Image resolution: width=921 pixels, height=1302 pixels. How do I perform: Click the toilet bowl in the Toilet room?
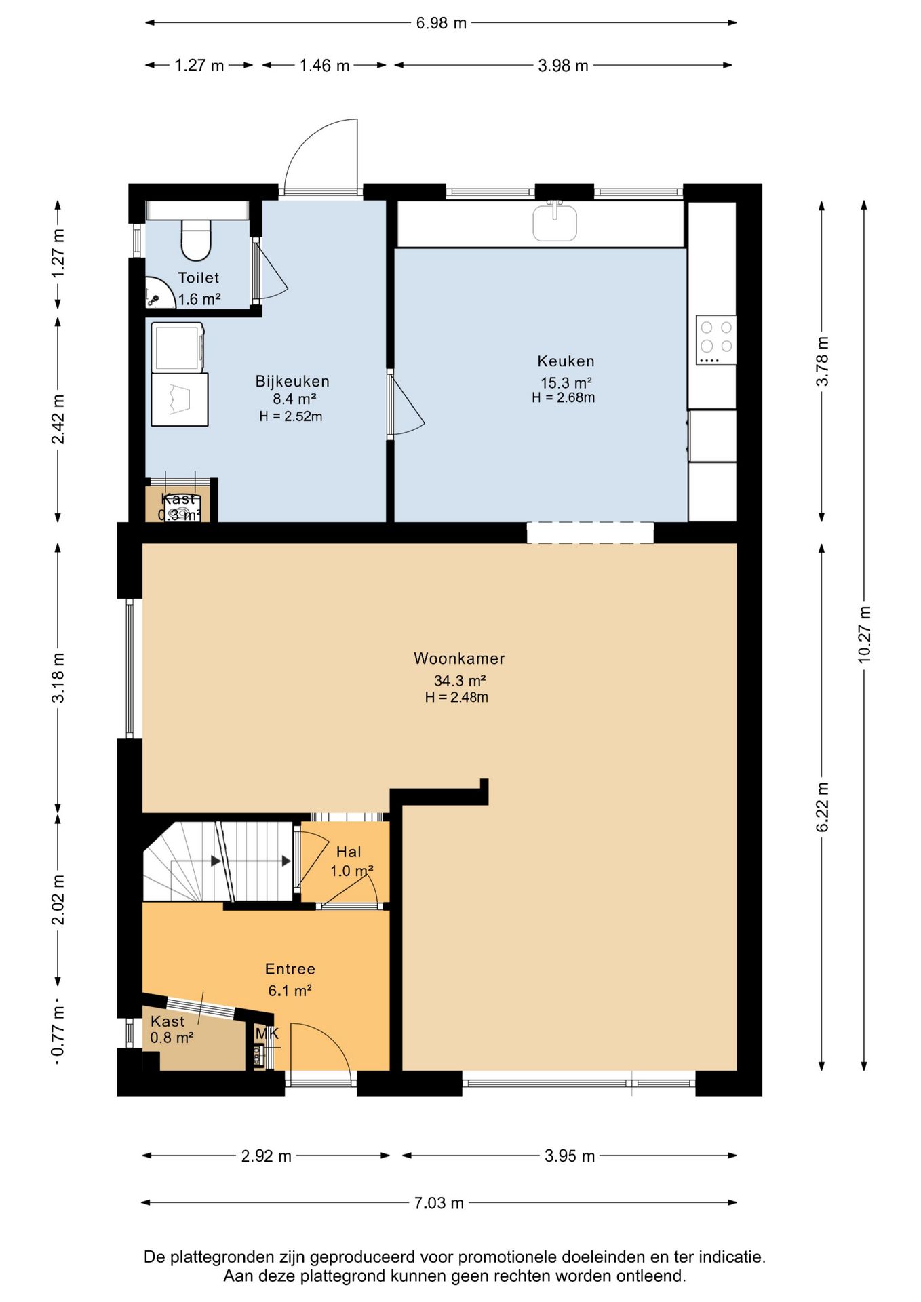point(197,241)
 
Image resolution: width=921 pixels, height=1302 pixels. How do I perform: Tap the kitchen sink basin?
point(555,222)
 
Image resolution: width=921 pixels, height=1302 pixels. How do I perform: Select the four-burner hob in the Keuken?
point(716,340)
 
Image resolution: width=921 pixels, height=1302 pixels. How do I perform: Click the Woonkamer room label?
point(459,658)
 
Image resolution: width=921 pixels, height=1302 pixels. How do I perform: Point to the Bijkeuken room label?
point(292,381)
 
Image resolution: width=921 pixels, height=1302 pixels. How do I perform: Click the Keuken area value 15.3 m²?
point(566,382)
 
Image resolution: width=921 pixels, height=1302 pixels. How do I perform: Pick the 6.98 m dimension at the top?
point(442,23)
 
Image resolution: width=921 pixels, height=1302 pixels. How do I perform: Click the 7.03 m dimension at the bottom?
point(439,1203)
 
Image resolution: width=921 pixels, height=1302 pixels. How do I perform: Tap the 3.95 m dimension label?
point(570,1156)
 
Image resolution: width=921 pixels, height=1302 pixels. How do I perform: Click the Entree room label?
point(290,969)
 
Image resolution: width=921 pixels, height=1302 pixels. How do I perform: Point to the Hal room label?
point(349,852)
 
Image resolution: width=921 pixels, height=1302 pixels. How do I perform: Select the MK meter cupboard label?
point(267,1033)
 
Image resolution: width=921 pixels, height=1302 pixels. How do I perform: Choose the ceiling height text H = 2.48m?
point(456,697)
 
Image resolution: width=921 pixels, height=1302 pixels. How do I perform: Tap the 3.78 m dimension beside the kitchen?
point(822,361)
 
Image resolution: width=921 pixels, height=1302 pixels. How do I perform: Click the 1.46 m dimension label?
point(324,66)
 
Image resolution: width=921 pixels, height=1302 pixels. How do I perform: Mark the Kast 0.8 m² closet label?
point(172,1029)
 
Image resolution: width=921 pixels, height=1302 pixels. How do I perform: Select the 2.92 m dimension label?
point(266,1156)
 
